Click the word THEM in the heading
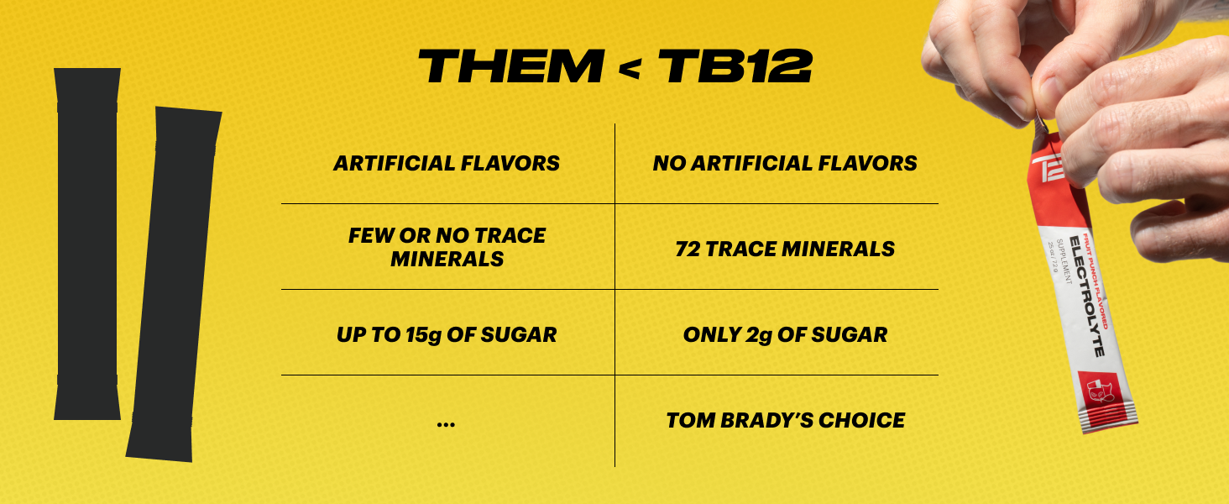pyautogui.click(x=510, y=66)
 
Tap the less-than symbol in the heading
pyautogui.click(x=628, y=69)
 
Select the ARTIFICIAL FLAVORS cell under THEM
pyautogui.click(x=447, y=163)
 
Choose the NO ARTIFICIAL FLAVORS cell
pyautogui.click(x=785, y=163)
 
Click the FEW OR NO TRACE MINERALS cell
pyautogui.click(x=447, y=247)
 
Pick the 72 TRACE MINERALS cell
pyautogui.click(x=785, y=249)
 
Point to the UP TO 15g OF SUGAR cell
pyautogui.click(x=447, y=334)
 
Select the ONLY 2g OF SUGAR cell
pyautogui.click(x=785, y=334)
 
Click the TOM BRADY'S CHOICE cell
pyautogui.click(x=785, y=420)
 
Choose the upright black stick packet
pyautogui.click(x=86, y=244)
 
